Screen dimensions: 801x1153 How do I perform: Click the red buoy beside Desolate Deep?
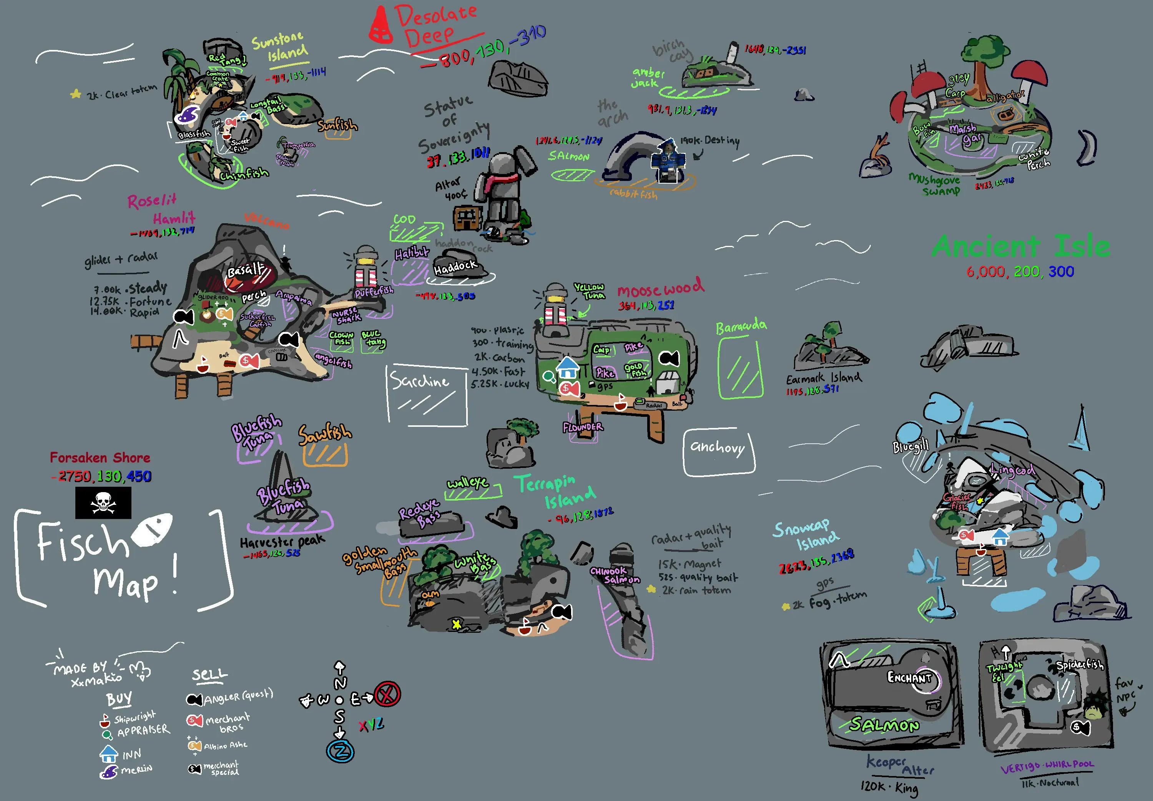tap(380, 25)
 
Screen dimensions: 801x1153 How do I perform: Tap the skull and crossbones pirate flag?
tap(103, 502)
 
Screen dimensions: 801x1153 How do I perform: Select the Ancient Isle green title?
tap(1020, 246)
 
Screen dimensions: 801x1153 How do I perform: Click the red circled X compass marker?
tap(387, 694)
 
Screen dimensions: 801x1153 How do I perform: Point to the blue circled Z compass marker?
tap(341, 751)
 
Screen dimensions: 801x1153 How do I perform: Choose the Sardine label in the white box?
tap(420, 381)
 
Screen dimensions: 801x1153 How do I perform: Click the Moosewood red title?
tap(660, 289)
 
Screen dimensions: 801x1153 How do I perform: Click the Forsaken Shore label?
tap(100, 458)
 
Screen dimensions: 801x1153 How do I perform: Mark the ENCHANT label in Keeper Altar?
tap(909, 678)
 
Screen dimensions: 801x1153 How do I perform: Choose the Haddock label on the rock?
tap(455, 268)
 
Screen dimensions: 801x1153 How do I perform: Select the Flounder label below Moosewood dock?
tap(582, 428)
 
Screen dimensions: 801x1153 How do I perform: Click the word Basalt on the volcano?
tap(246, 270)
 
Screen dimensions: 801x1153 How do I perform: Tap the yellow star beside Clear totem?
tap(76, 94)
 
